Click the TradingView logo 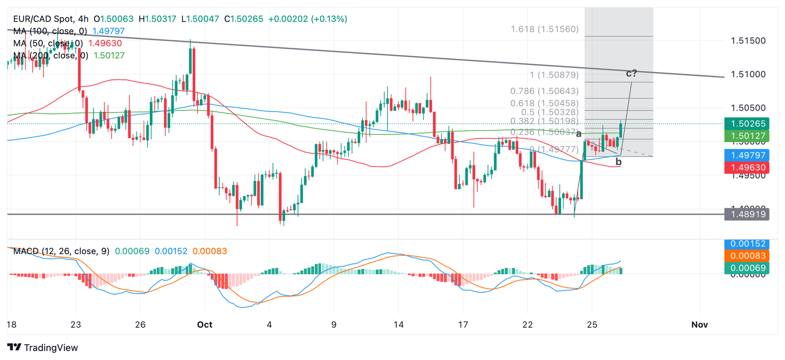[x=43, y=348]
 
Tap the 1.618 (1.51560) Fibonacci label [x=545, y=29]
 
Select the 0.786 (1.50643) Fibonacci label [x=545, y=91]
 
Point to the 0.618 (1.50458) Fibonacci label [x=545, y=103]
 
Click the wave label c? [x=631, y=73]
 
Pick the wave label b [x=618, y=162]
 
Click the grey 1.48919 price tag [x=747, y=215]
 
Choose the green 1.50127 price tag [x=747, y=136]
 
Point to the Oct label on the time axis [x=204, y=325]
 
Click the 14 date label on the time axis [x=399, y=325]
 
